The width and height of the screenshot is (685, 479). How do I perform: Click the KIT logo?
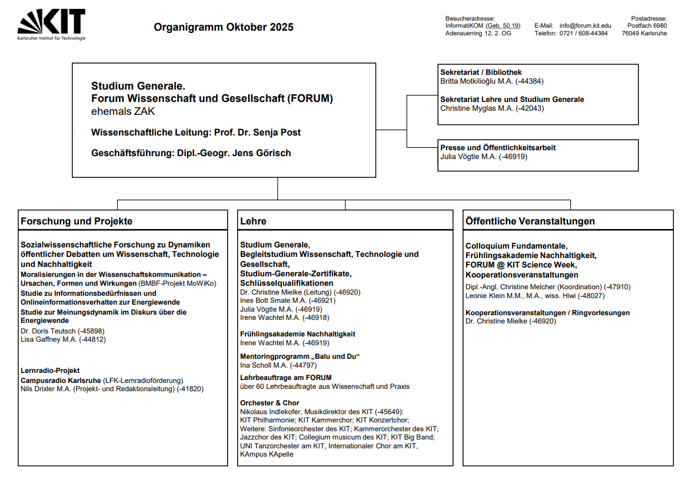(52, 24)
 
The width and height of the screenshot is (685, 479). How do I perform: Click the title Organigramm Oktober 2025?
(224, 27)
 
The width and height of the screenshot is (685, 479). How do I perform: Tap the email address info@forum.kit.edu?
(585, 26)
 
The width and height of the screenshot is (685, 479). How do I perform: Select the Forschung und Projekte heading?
(77, 222)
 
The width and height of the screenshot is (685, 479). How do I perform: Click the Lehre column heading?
(253, 222)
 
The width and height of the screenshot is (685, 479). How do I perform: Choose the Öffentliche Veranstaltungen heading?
(530, 222)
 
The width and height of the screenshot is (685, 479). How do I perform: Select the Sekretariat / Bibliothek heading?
(481, 72)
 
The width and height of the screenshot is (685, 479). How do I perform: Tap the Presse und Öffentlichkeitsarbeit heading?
(498, 148)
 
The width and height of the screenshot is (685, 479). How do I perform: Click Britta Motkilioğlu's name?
(476, 81)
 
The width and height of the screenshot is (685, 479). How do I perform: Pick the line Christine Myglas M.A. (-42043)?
(492, 108)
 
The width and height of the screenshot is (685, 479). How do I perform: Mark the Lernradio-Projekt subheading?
(50, 371)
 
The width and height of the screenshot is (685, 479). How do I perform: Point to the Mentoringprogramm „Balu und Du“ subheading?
(300, 356)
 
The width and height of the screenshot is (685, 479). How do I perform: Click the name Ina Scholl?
(256, 365)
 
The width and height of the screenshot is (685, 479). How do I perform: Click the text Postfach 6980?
(647, 26)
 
